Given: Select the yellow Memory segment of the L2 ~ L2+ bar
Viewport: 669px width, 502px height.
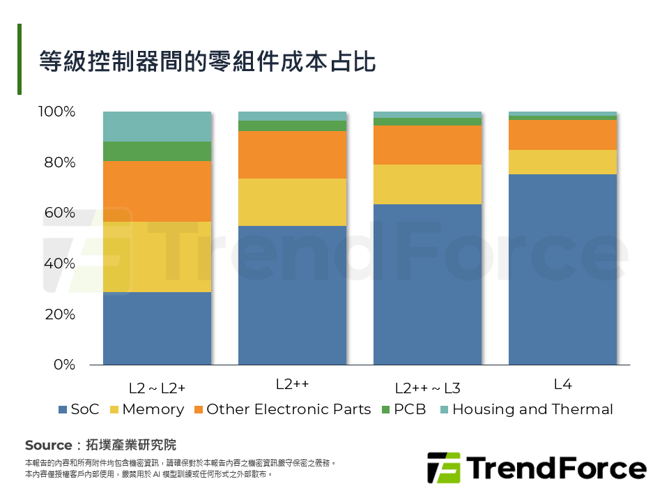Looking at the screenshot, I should pos(157,257).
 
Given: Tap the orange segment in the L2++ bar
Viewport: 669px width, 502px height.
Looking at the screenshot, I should pos(292,155).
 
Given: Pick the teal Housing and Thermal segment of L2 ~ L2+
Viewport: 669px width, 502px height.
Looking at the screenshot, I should pos(157,126).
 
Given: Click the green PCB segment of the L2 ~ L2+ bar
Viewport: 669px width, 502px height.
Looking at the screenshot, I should pos(157,151).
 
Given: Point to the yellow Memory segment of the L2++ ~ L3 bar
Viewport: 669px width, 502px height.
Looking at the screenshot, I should pos(427,184).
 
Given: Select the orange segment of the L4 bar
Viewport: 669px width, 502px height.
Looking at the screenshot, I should pos(562,135).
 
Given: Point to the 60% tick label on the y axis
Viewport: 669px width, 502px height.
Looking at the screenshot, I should pos(58,213).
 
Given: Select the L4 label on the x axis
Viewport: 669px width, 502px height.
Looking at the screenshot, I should pos(562,384).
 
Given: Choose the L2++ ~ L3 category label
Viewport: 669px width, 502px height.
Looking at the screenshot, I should pos(427,388).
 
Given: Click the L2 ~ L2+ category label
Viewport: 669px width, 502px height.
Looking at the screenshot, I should pos(157,388).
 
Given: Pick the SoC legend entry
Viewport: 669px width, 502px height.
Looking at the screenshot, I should pos(79,410).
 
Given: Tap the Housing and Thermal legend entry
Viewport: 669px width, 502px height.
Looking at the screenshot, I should pos(526,410).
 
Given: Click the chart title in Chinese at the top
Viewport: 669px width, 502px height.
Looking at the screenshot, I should pos(207,61).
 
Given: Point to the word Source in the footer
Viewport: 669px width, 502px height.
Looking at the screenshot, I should pos(48,445).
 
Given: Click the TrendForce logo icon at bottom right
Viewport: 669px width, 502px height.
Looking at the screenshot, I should pos(443,468).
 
